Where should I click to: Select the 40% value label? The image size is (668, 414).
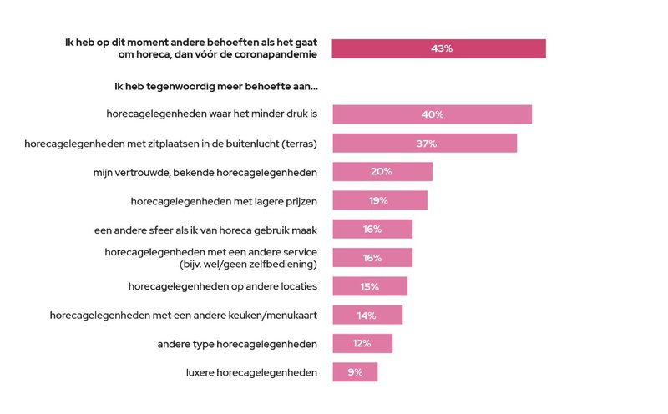click(x=432, y=114)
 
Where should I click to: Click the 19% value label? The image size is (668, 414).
click(x=380, y=200)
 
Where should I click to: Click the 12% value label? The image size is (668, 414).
click(x=362, y=344)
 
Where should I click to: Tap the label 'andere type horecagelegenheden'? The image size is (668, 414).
click(x=237, y=344)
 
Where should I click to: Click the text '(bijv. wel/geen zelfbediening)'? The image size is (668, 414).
click(x=248, y=265)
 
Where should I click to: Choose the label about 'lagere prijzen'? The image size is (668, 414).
click(x=224, y=200)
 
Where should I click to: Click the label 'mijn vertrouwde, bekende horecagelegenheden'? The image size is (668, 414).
click(x=205, y=172)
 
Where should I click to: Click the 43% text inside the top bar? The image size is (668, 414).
click(x=442, y=48)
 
